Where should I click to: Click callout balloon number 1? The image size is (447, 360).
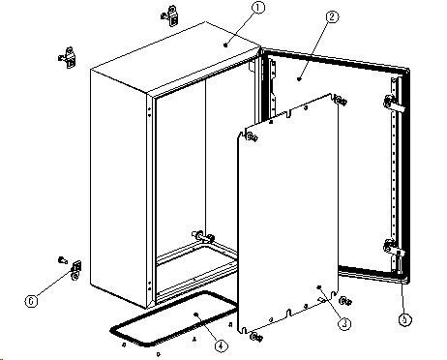pos(257,8)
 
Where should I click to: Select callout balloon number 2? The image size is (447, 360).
pos(332,16)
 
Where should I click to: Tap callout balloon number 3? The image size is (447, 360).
pos(344,323)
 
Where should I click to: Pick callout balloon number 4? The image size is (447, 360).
pos(221,345)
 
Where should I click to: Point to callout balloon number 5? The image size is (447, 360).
pos(405,319)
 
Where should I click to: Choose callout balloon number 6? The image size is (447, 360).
pos(31,301)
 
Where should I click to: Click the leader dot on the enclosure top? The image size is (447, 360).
pos(225,45)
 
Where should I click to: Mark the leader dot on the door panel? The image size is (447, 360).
pos(299,78)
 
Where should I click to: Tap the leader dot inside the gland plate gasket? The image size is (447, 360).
pos(195,314)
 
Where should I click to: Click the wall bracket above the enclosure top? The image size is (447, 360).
pos(170,15)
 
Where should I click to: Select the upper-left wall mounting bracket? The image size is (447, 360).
pos(68,58)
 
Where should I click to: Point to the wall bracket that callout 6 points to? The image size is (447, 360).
pos(76,270)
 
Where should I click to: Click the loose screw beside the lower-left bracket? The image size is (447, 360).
pos(63,259)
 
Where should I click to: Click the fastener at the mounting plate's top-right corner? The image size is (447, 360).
pos(342,101)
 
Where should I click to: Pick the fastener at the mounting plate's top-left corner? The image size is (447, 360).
pos(253,137)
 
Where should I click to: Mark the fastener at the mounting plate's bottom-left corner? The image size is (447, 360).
pos(256,337)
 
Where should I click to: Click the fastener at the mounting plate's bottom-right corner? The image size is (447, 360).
pos(345,301)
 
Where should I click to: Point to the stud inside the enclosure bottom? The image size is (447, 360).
pos(203,237)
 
